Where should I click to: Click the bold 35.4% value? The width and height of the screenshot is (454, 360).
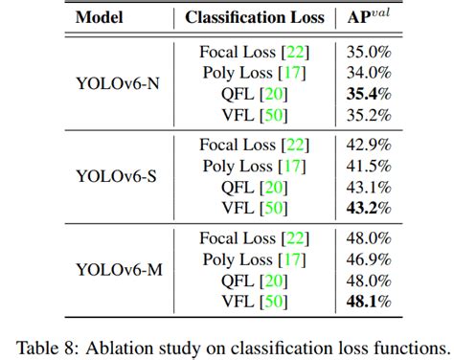(369, 93)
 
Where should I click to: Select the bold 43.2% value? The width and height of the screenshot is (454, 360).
(369, 208)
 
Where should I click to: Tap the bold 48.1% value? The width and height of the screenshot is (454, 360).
(369, 303)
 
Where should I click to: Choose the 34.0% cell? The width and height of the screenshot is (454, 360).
(369, 72)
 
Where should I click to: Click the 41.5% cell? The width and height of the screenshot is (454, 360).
(369, 166)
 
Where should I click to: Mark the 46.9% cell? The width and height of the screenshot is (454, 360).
(369, 260)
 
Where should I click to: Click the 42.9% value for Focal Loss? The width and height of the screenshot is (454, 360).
(369, 145)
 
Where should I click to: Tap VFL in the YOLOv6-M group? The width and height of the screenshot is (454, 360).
(239, 303)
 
